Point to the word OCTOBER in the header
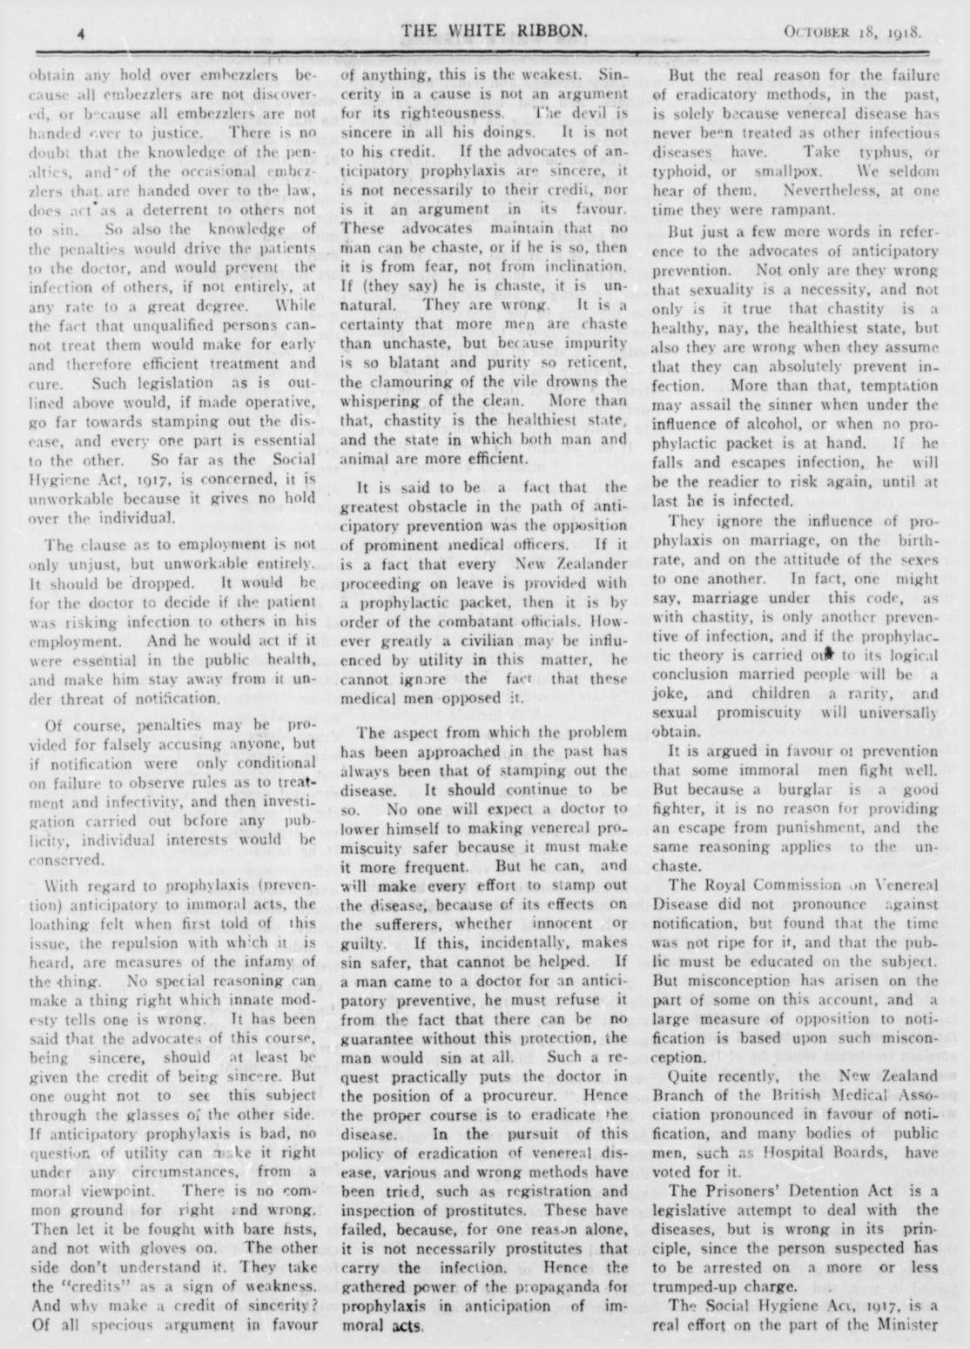[817, 35]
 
